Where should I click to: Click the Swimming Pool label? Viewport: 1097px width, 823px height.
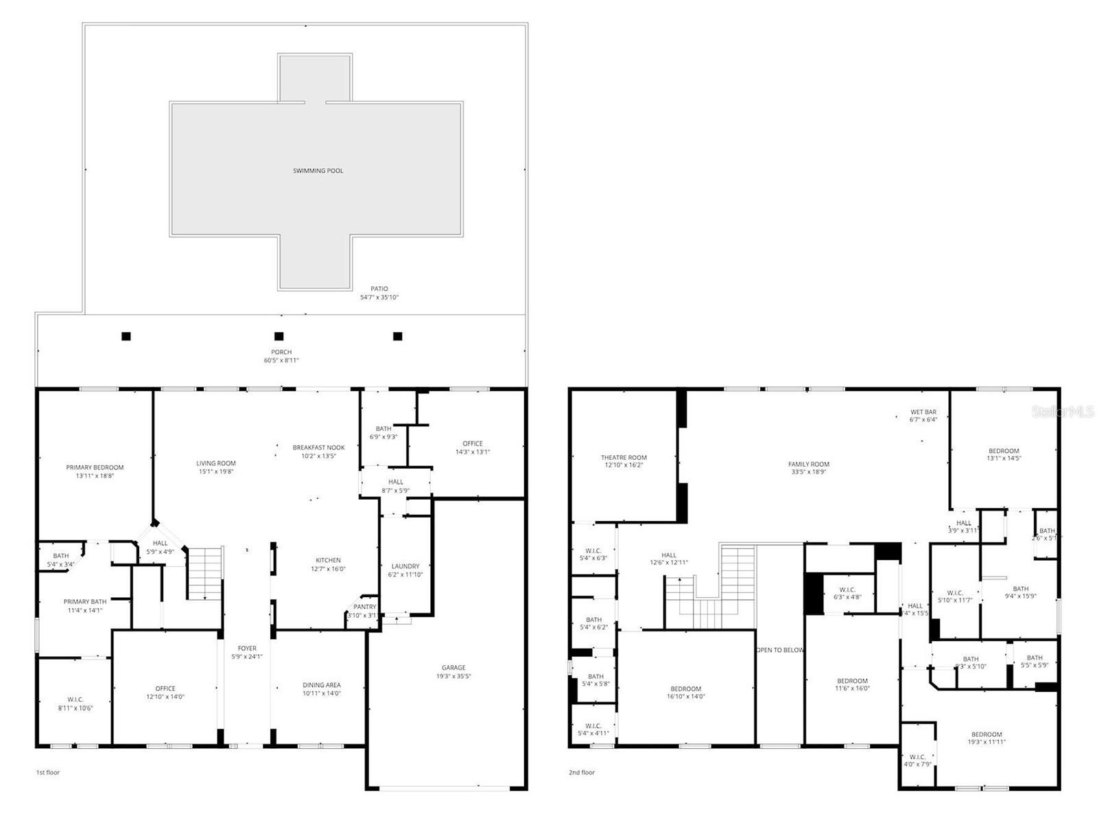318,170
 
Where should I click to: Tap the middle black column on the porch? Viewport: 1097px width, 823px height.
279,336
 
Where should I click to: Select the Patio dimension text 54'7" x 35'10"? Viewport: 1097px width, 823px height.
379,297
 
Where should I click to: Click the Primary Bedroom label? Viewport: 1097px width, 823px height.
95,467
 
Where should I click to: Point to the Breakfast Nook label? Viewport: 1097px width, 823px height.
318,448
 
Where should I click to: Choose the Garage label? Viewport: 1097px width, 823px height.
453,667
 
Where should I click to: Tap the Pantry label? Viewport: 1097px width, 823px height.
364,607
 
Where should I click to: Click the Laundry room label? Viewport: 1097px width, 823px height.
405,566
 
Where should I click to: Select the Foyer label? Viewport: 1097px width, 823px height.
247,648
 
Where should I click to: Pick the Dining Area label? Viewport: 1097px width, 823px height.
322,684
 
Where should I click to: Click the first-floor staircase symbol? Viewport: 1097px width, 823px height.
206,572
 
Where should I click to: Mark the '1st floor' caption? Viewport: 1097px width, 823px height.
48,772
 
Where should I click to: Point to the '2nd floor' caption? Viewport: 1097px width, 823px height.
582,772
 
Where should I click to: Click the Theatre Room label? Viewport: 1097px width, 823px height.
624,457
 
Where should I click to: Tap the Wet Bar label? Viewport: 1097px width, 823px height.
923,412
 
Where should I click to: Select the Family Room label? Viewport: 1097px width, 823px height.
809,464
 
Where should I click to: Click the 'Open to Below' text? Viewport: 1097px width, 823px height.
779,649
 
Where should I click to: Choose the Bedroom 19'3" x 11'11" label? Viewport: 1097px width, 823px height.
987,734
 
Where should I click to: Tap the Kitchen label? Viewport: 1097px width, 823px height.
328,560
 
